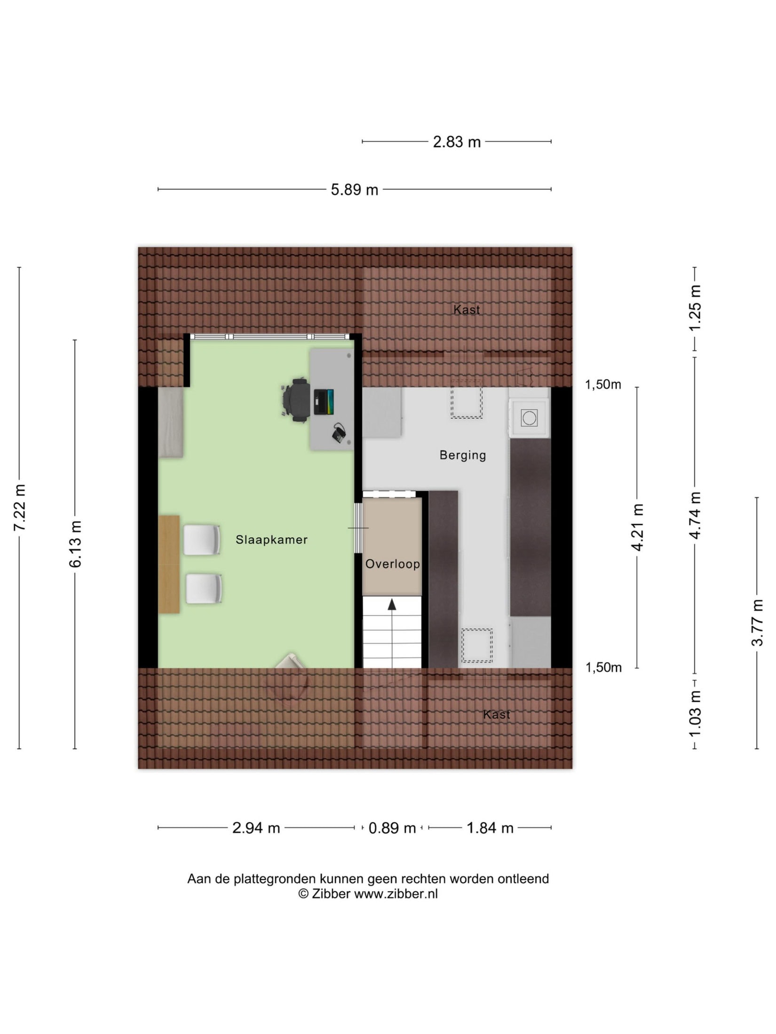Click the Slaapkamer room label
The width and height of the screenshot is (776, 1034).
(x=271, y=540)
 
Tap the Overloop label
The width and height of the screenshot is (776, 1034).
(x=392, y=564)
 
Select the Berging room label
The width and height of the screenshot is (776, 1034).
(x=463, y=455)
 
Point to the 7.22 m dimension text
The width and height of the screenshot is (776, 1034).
(x=20, y=508)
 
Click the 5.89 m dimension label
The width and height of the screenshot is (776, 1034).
(x=355, y=189)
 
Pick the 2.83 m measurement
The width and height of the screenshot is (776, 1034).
(x=457, y=141)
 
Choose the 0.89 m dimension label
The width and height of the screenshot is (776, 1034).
(x=392, y=828)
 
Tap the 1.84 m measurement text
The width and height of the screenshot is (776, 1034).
(x=490, y=828)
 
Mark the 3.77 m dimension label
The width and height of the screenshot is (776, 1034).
(x=757, y=623)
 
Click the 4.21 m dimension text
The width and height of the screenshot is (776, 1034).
(x=637, y=527)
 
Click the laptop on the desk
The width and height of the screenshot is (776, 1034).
(x=324, y=402)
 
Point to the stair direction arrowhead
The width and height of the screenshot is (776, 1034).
(x=392, y=604)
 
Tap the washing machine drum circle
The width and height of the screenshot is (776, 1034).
(x=529, y=417)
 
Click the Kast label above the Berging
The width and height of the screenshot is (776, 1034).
(x=467, y=310)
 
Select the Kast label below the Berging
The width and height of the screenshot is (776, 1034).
(x=497, y=714)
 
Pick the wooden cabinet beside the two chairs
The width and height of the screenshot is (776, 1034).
(x=169, y=564)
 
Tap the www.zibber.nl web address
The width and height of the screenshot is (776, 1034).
(x=396, y=893)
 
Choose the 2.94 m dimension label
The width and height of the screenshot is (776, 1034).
(x=256, y=828)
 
